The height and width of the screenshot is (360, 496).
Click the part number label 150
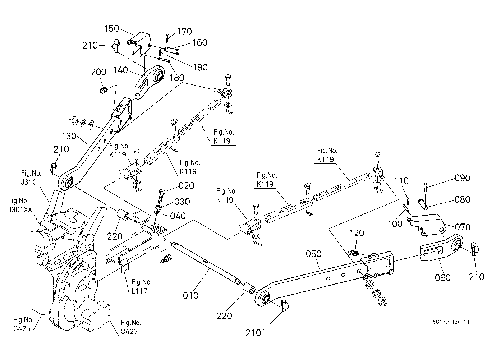click(111, 28)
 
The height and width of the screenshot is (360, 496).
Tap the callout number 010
click(190, 295)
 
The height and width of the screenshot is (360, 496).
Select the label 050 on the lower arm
click(313, 254)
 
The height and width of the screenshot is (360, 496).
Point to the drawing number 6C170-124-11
click(451, 322)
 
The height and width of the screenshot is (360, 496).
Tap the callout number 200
click(98, 72)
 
